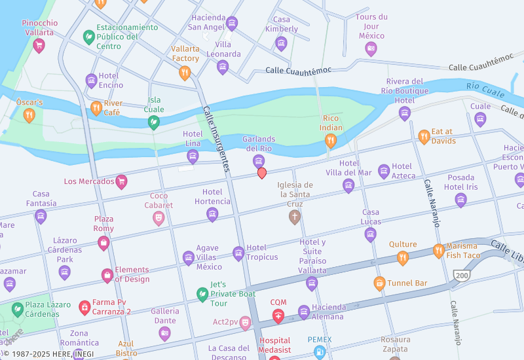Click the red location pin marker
coord(262,173)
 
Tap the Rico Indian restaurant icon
coord(331,140)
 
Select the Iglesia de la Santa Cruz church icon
coord(295,217)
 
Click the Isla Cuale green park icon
coord(153,122)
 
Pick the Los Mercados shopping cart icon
coord(121,181)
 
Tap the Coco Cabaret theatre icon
coord(159,218)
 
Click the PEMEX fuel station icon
coord(319,351)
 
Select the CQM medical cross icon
coord(278,317)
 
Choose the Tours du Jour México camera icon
coord(371,48)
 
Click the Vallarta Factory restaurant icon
coord(185,73)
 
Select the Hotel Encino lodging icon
coord(92,81)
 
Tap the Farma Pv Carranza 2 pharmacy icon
coord(84,306)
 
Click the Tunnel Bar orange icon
coord(379,283)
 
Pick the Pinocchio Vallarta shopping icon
coord(39,45)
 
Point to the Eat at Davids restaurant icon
coord(424,137)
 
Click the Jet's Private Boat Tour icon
coord(202,294)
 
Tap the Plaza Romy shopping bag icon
coord(103,243)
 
